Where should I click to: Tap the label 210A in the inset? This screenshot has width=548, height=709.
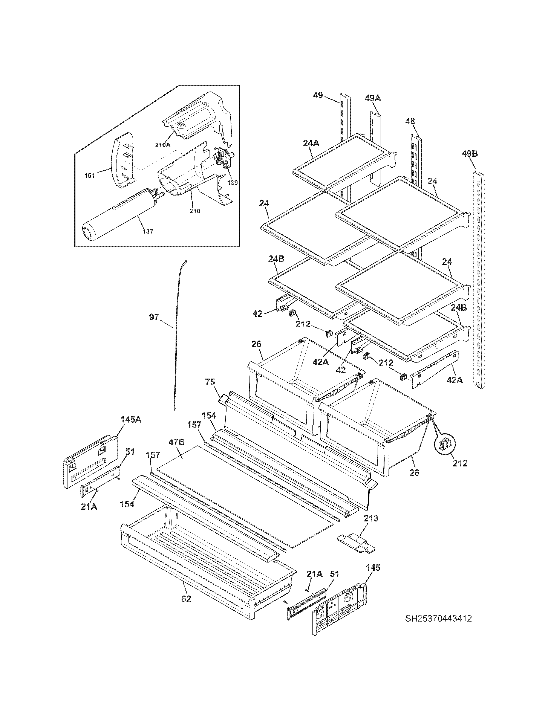pyautogui.click(x=162, y=145)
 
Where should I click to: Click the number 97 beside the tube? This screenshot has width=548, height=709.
pyautogui.click(x=154, y=317)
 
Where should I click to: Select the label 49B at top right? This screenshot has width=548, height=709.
pyautogui.click(x=470, y=154)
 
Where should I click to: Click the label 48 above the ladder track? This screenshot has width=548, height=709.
pyautogui.click(x=410, y=121)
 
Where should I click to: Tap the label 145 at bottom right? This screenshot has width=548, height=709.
pyautogui.click(x=373, y=568)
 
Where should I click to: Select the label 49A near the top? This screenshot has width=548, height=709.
pyautogui.click(x=372, y=98)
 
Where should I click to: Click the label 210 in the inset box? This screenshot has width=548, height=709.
pyautogui.click(x=195, y=211)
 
